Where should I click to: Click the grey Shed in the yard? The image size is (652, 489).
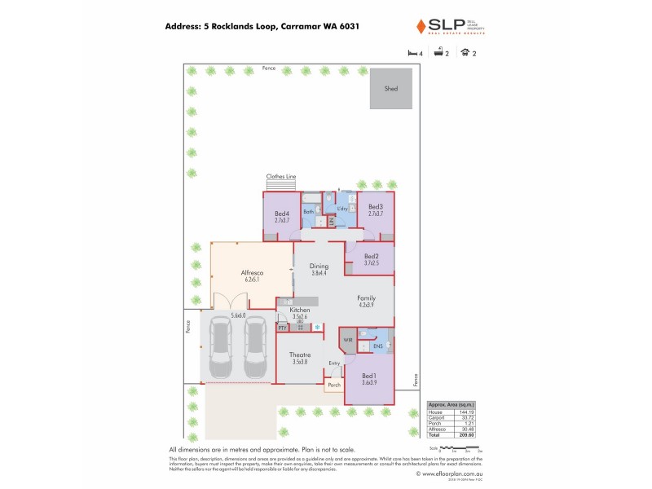pyautogui.click(x=391, y=88)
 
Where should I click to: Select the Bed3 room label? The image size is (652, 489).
pyautogui.click(x=376, y=207)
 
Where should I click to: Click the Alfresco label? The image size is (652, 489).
pyautogui.click(x=250, y=272)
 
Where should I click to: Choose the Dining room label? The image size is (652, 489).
pyautogui.click(x=319, y=266)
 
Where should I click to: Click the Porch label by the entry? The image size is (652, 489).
pyautogui.click(x=333, y=385)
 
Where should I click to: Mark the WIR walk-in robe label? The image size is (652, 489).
pyautogui.click(x=348, y=339)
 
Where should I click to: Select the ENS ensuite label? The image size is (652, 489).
pyautogui.click(x=377, y=346)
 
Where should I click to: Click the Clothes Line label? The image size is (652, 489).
pyautogui.click(x=280, y=176)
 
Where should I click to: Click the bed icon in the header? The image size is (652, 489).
pyautogui.click(x=411, y=53)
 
